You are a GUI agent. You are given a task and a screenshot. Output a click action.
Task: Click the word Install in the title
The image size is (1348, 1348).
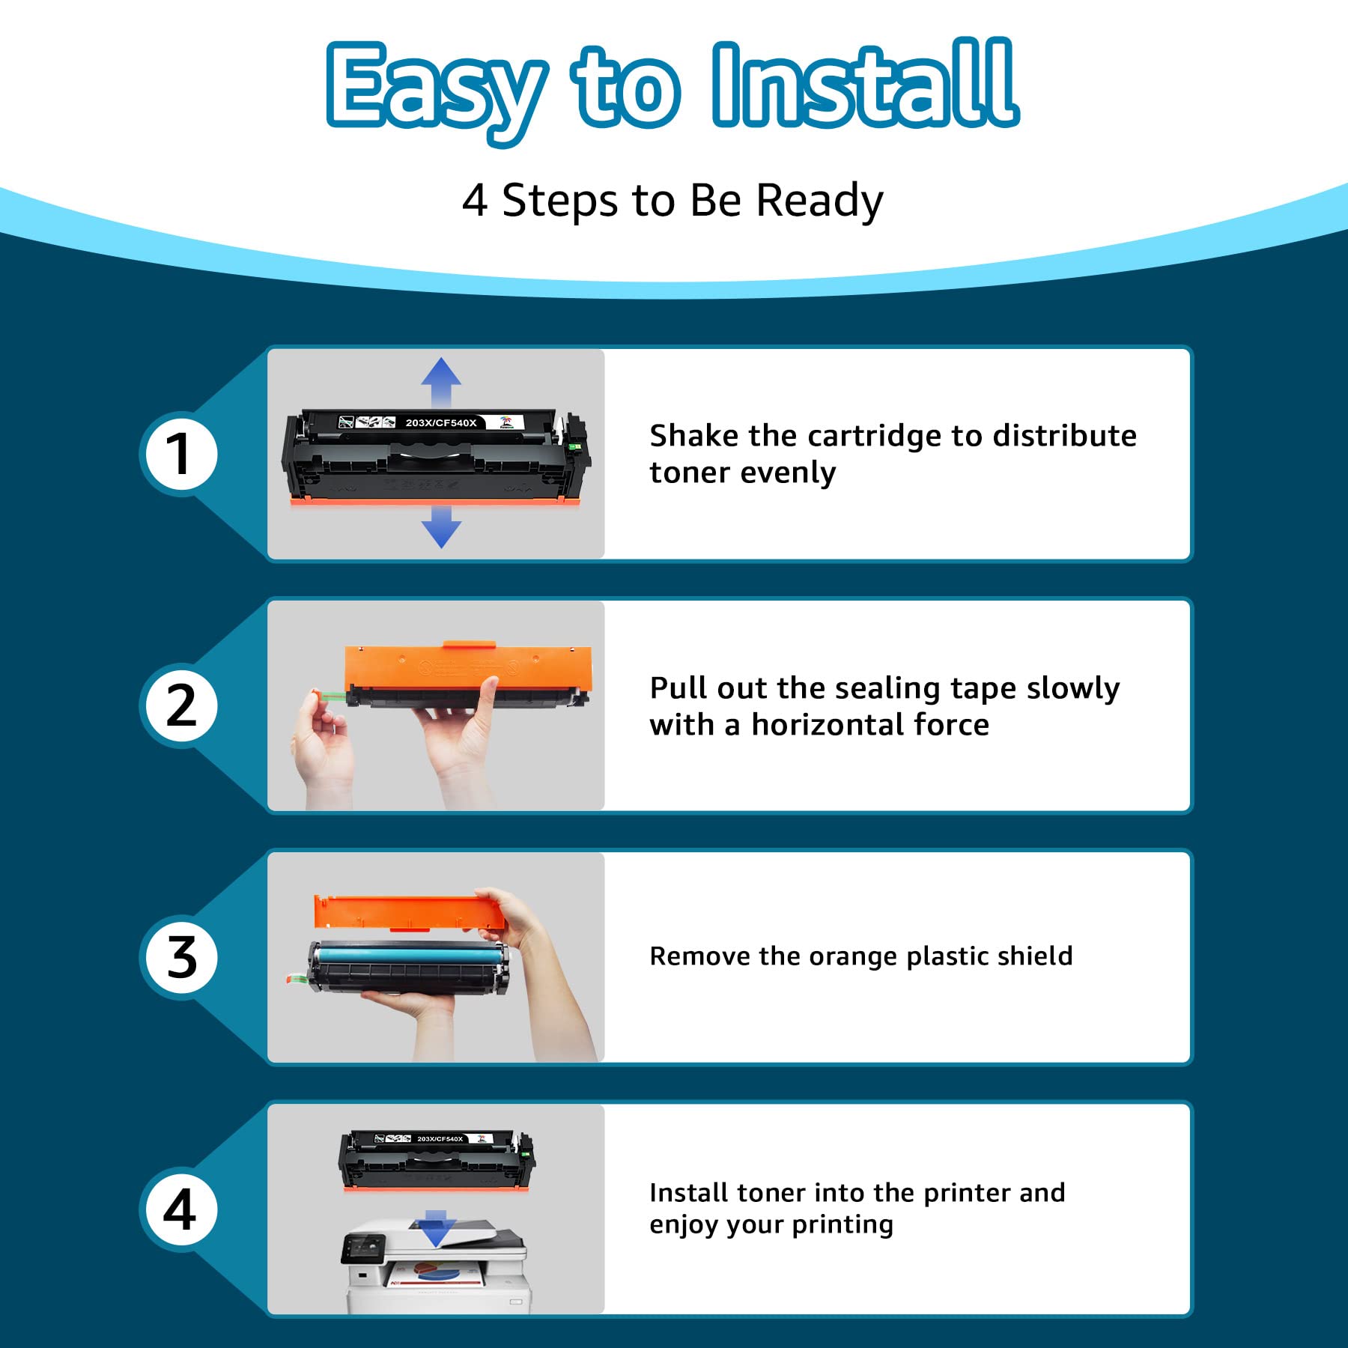865,84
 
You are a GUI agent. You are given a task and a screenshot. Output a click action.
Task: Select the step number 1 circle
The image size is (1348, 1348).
180,454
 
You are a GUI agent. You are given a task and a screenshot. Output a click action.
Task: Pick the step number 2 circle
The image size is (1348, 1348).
180,705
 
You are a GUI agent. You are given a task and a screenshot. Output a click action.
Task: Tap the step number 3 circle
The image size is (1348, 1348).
180,958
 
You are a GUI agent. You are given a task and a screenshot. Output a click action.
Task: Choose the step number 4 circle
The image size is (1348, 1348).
180,1209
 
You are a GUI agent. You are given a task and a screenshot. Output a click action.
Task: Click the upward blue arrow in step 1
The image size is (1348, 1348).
441,382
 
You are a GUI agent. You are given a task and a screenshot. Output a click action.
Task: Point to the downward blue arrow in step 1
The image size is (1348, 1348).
441,526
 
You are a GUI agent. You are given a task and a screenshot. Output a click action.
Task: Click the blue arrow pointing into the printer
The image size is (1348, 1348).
436,1228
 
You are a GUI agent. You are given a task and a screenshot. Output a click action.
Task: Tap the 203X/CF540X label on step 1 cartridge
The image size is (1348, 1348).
441,423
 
